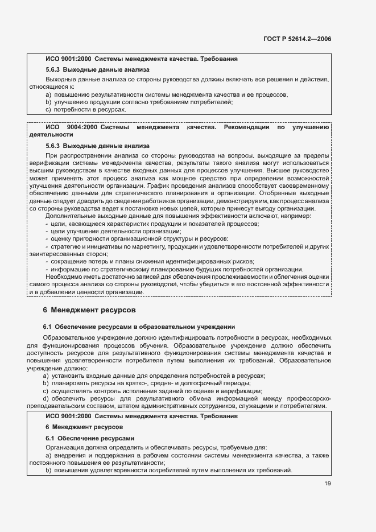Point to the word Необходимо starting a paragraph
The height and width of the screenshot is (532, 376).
65,276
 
